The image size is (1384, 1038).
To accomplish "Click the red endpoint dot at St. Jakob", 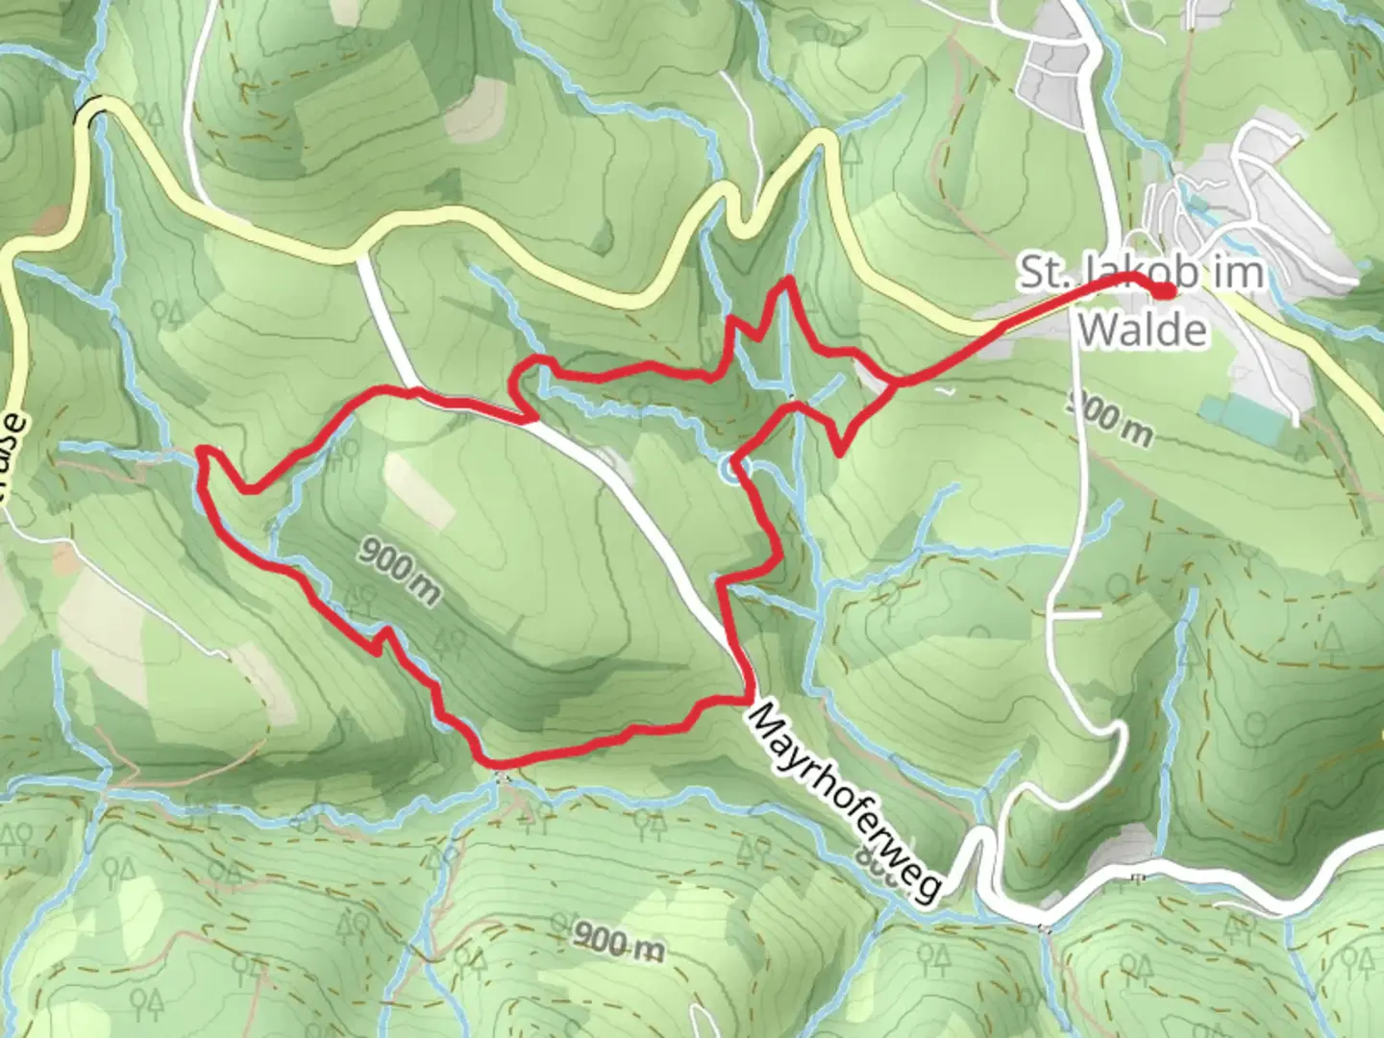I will [x=1164, y=290].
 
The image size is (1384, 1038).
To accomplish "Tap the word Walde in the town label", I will [x=1142, y=330].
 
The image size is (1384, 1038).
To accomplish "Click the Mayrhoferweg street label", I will [x=844, y=803].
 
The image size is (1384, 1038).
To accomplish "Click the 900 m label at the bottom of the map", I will [x=618, y=942].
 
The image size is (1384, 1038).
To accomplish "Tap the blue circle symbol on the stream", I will [x=730, y=470].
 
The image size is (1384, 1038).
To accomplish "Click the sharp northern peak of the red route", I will [x=788, y=280].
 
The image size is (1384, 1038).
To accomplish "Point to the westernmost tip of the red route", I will [x=200, y=450].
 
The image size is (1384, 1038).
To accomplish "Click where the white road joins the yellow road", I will [x=360, y=257].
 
